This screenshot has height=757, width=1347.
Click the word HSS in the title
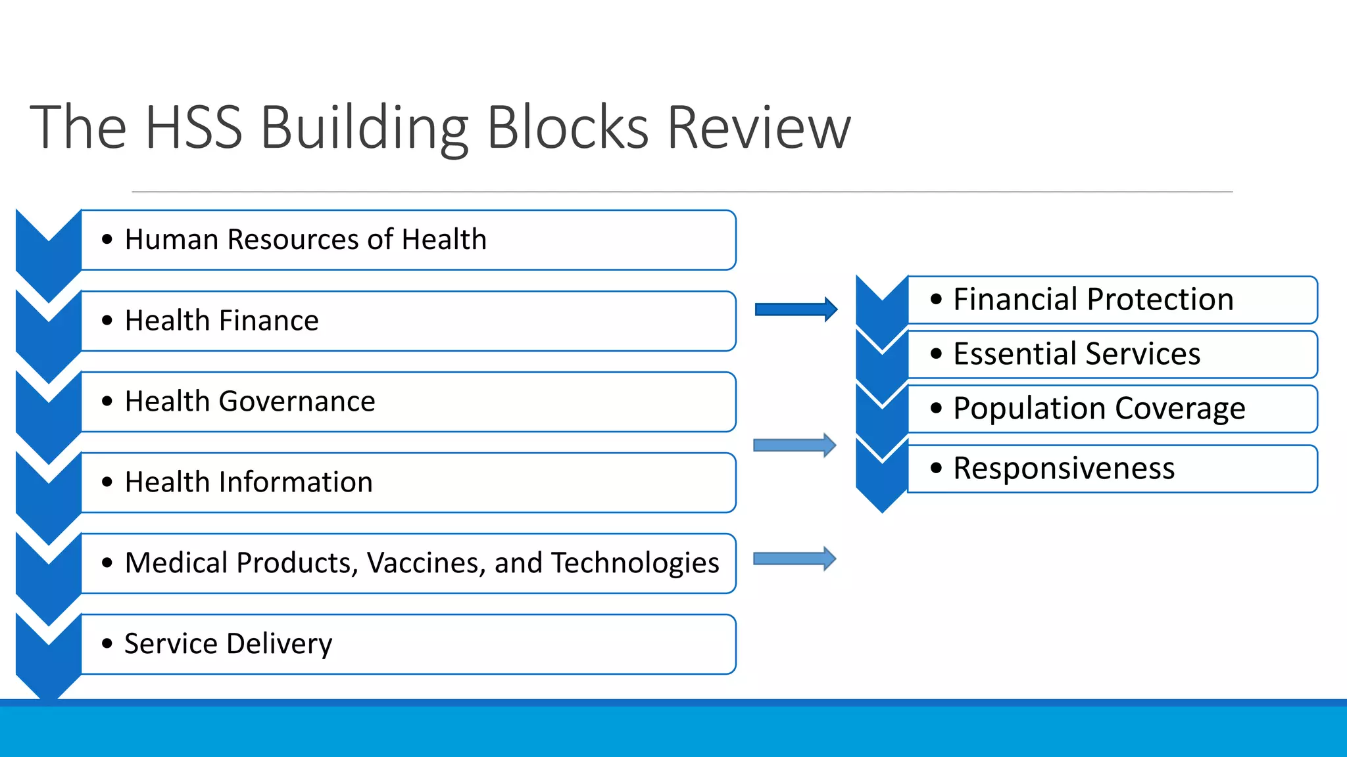(193, 127)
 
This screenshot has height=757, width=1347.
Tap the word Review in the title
(759, 127)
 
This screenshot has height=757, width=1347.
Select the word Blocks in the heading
(568, 127)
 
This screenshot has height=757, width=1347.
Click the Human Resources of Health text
(306, 239)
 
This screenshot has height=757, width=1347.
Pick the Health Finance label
(222, 321)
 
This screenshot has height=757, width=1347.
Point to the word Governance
(297, 401)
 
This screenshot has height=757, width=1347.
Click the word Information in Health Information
(295, 482)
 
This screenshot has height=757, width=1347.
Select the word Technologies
(635, 563)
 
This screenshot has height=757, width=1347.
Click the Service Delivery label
(228, 644)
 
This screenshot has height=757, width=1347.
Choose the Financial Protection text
(1093, 300)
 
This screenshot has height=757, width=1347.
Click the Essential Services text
(1077, 354)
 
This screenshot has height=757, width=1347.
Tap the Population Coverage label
(1099, 409)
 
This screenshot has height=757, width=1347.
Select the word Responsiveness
(1064, 469)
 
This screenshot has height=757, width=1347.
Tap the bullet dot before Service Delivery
(107, 643)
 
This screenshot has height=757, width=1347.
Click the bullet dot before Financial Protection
(936, 300)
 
